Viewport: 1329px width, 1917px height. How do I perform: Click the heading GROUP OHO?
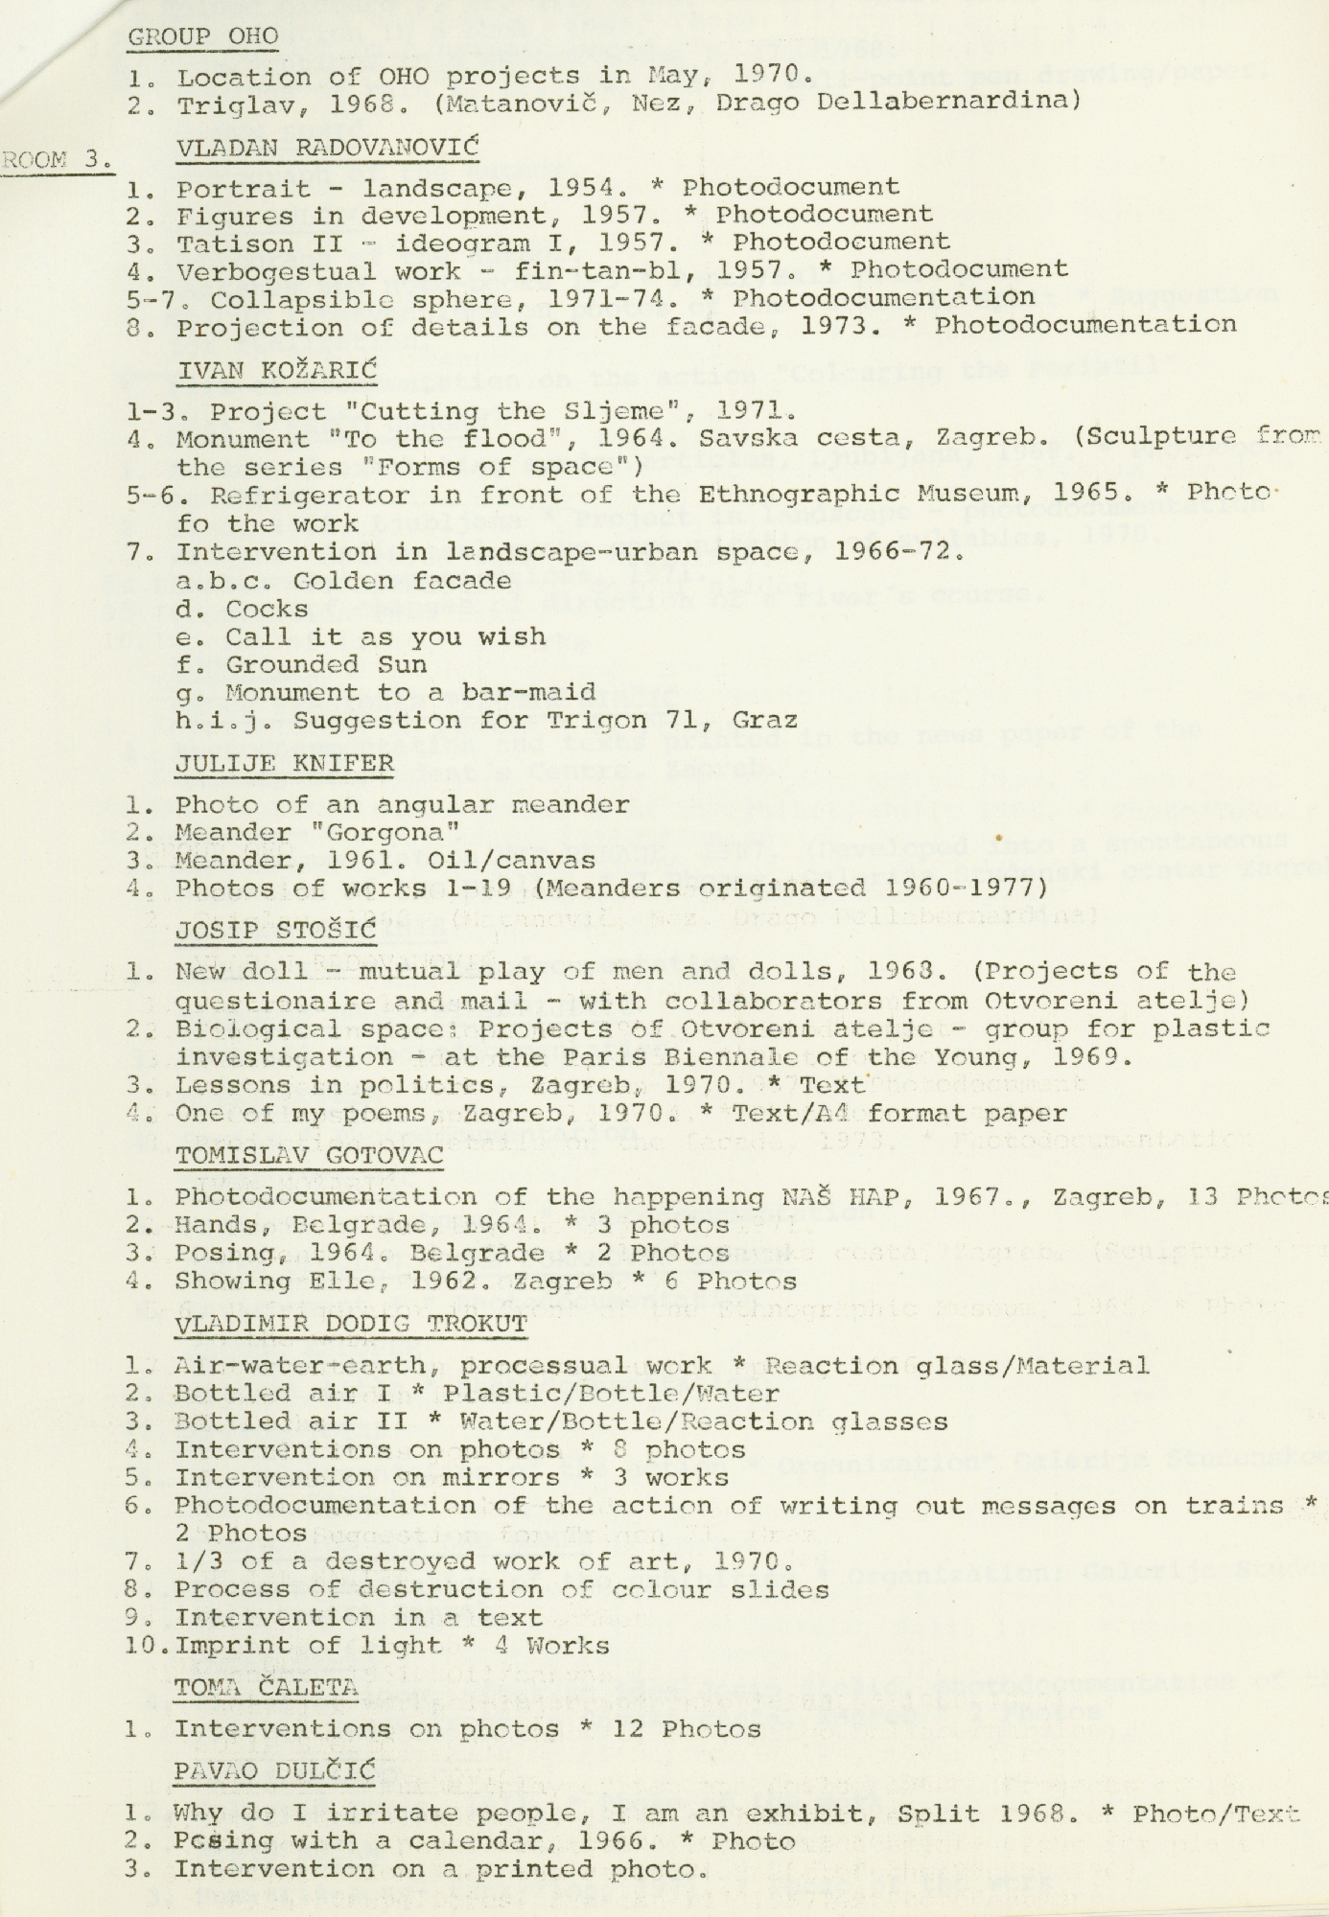point(203,36)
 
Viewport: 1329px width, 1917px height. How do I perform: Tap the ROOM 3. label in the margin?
point(57,160)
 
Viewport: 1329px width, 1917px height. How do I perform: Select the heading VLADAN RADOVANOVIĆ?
point(327,147)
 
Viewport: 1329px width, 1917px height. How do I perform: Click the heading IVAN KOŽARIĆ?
point(277,370)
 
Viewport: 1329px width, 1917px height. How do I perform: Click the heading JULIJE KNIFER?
point(284,764)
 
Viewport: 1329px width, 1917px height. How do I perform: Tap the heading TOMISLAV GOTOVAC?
point(309,1156)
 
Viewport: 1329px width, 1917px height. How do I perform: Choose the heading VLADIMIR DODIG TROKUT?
point(350,1325)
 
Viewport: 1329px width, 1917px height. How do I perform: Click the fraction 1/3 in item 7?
point(200,1561)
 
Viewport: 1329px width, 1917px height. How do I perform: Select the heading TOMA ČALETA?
point(266,1687)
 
